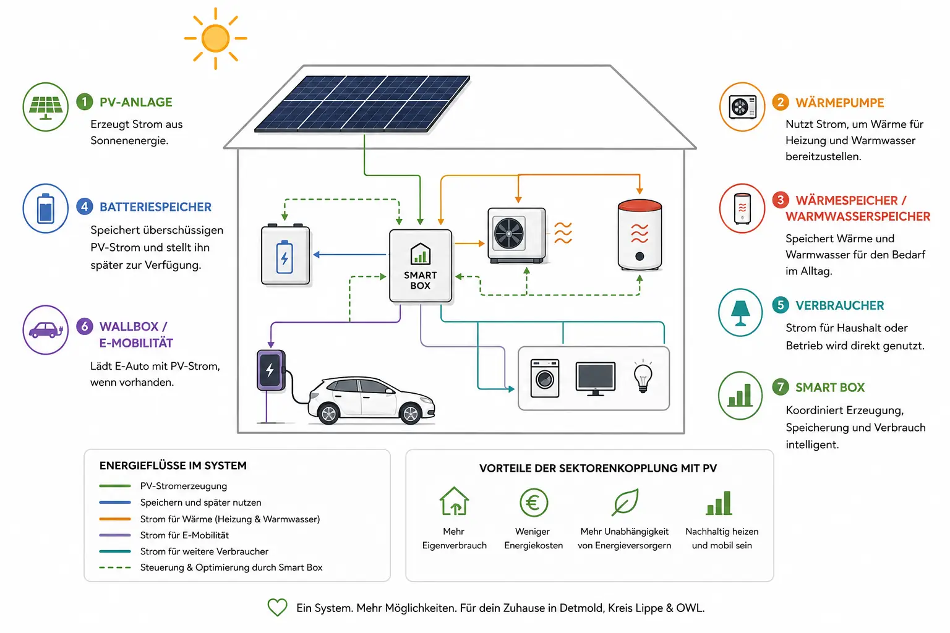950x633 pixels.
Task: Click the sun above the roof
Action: click(215, 38)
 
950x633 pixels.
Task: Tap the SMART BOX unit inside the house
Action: click(421, 266)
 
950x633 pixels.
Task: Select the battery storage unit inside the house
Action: click(285, 255)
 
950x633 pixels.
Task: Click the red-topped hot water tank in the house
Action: click(640, 234)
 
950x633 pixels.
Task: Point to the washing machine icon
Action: click(545, 378)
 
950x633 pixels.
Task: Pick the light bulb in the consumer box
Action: click(643, 376)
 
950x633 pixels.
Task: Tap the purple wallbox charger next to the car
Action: click(271, 370)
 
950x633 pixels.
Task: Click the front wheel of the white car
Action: click(410, 414)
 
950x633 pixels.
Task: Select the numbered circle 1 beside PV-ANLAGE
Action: click(84, 102)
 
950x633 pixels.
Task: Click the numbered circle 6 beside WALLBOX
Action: click(84, 326)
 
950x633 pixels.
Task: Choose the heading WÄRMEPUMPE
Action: click(839, 103)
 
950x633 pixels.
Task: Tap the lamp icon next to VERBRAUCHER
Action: click(740, 313)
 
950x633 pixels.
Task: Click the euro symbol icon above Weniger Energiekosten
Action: click(534, 503)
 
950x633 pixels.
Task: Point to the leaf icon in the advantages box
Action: click(625, 502)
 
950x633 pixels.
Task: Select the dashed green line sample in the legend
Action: click(115, 567)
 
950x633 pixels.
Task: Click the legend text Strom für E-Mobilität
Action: click(184, 535)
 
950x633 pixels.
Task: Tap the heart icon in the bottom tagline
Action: click(277, 607)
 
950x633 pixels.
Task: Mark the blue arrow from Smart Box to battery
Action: click(349, 255)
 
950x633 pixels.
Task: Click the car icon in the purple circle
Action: click(45, 330)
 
